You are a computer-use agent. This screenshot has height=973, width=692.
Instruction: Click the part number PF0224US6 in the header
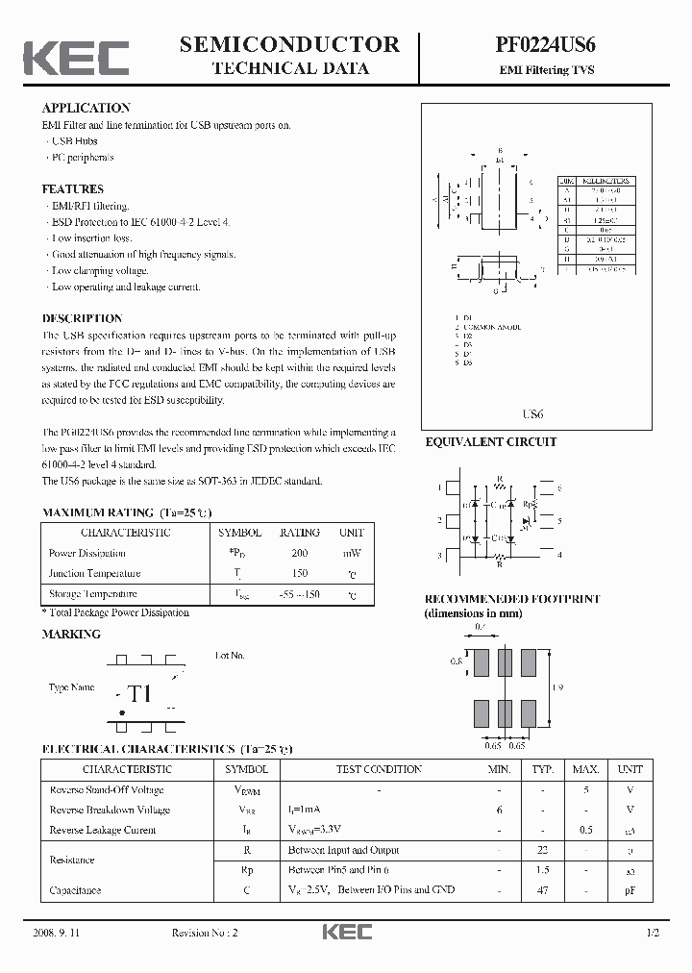coord(545,44)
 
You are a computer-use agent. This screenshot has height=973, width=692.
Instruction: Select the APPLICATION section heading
coord(86,108)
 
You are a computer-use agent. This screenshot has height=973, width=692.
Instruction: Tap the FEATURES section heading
coord(72,189)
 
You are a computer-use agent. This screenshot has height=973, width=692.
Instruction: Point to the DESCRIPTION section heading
coord(82,318)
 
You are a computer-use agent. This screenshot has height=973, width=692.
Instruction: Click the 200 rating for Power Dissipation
coord(299,553)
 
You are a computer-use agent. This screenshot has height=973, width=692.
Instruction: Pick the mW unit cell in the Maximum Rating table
coord(351,553)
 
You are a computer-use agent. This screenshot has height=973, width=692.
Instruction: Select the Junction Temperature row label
coord(94,573)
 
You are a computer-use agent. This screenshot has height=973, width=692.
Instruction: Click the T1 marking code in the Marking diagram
coord(140,693)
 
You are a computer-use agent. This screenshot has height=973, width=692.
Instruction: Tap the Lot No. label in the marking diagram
coord(230,655)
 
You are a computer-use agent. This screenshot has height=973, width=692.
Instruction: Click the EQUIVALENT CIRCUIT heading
coord(490,442)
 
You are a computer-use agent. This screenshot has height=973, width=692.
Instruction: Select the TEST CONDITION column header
coord(379,769)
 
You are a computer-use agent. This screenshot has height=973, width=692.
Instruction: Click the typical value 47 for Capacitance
coord(543,891)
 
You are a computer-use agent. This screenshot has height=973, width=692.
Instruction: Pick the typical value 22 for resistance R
coord(543,850)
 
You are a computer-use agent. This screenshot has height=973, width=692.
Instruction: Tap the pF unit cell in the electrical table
coord(630,891)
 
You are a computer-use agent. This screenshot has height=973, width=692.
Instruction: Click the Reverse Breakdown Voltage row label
coord(109,810)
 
